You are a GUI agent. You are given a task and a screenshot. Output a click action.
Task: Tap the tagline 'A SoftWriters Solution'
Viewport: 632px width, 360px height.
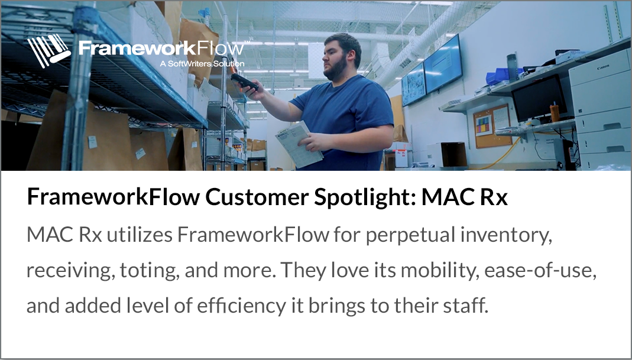(x=202, y=63)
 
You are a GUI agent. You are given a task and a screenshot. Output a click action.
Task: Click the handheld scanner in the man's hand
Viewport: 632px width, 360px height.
(x=244, y=82)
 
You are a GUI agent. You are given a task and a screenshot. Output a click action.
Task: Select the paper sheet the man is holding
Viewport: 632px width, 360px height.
(x=298, y=143)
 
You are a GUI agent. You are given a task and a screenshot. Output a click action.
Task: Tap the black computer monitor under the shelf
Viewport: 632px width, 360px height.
(x=539, y=98)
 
